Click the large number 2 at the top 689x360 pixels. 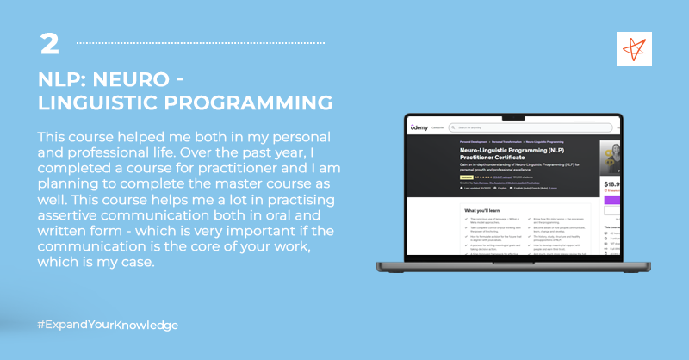pyautogui.click(x=48, y=43)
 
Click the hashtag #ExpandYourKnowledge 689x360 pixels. pyautogui.click(x=108, y=325)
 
